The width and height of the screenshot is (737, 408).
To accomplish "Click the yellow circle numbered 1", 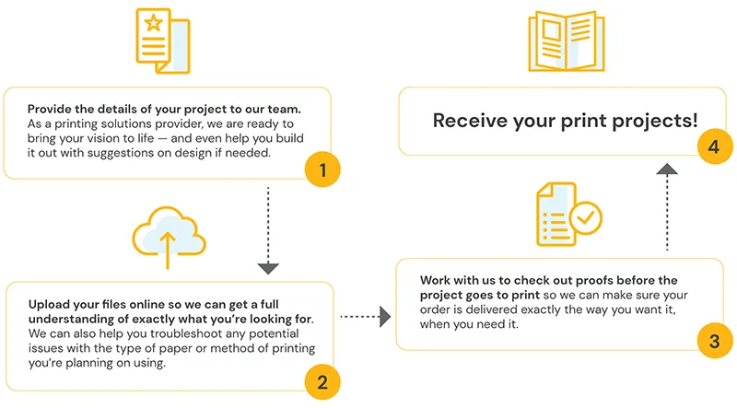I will (322, 169).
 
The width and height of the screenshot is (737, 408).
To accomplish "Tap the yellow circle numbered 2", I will (322, 381).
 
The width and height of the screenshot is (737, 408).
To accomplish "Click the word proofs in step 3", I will (581, 280).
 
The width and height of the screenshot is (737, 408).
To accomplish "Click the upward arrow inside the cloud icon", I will (167, 250).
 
